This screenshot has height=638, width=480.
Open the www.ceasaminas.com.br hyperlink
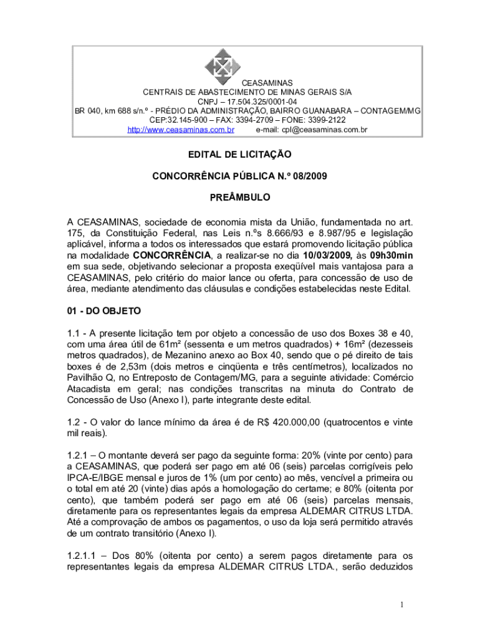click(x=181, y=130)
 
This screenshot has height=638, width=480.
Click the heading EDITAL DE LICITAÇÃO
click(x=240, y=154)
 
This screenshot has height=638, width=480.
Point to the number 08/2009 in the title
click(x=307, y=176)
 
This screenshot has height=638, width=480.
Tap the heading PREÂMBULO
click(x=240, y=198)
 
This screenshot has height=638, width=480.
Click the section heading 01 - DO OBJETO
click(x=105, y=310)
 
